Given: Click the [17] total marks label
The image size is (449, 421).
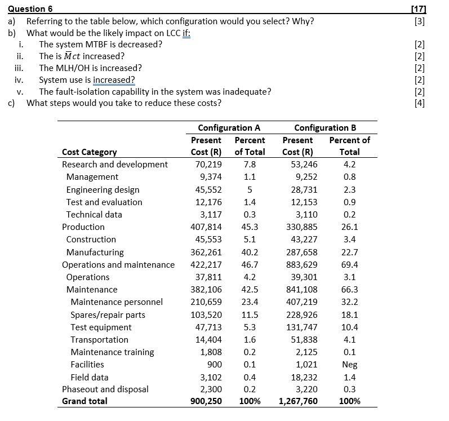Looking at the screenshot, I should (x=418, y=9).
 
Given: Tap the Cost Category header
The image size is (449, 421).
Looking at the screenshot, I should (x=90, y=152).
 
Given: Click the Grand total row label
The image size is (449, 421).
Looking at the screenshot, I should (x=85, y=401).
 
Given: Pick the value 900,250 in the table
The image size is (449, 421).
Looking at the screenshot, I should (x=207, y=401).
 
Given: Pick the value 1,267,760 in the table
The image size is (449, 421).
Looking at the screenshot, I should (x=298, y=401).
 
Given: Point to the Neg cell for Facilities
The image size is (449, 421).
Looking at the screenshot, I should (x=349, y=365).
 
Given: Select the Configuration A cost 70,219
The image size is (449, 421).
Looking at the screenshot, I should (x=208, y=165).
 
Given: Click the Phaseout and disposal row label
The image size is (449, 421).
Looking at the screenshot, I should (x=105, y=389).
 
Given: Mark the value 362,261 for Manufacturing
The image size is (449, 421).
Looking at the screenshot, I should (x=207, y=252).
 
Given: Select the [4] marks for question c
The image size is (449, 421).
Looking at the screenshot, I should (x=419, y=103).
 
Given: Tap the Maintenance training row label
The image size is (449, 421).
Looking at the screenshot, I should (x=112, y=352).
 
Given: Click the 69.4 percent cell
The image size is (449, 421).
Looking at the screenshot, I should (x=349, y=264).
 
